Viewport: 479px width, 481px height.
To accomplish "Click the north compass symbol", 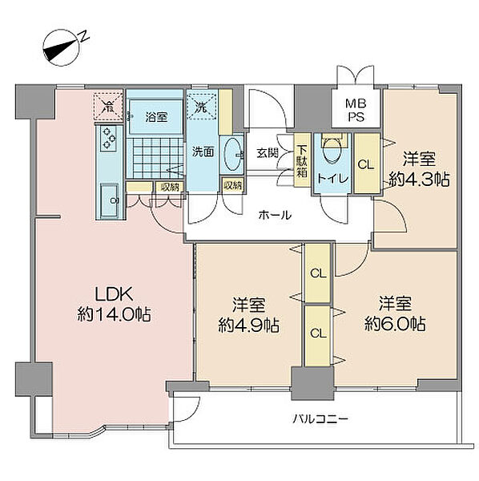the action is pos(62,47).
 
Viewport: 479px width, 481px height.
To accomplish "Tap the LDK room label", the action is pos(114,294).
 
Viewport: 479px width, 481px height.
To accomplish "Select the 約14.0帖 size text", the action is pos(114,314).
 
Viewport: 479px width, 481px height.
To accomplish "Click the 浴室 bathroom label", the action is pos(156,117).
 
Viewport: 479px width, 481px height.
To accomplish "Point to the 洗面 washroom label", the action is pos(203,152).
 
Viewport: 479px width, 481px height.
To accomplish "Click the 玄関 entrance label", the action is pos(268,153).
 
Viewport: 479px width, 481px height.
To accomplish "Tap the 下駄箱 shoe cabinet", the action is pos(302,160).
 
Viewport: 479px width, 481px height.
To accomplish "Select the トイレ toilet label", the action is pos(332,178).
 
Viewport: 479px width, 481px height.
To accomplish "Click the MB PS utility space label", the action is pos(356,110).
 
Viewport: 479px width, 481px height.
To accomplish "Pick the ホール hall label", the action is pos(275,215).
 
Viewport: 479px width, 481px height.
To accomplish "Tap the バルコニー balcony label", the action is pos(320,418).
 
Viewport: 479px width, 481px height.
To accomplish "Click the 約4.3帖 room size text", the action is pos(419,180).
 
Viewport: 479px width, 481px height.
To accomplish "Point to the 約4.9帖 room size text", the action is pos(248,325).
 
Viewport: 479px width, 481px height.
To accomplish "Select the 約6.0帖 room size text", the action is pos(395,324).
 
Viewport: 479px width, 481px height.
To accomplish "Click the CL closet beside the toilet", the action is pos(367,163).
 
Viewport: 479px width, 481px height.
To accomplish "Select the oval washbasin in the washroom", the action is pos(232,154).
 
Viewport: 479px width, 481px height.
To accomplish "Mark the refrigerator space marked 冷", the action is pos(108,106).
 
